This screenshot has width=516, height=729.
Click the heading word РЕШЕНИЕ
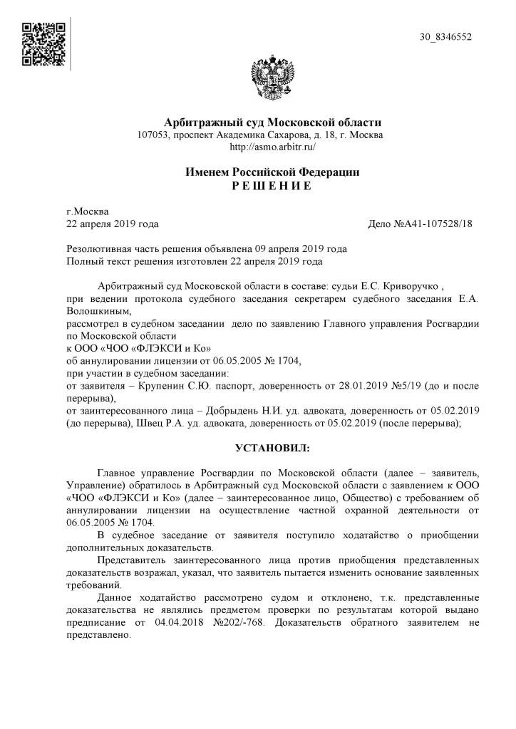pyautogui.click(x=272, y=185)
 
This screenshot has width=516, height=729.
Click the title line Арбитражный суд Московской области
pyautogui.click(x=273, y=122)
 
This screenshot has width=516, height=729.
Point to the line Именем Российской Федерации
pyautogui.click(x=273, y=172)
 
